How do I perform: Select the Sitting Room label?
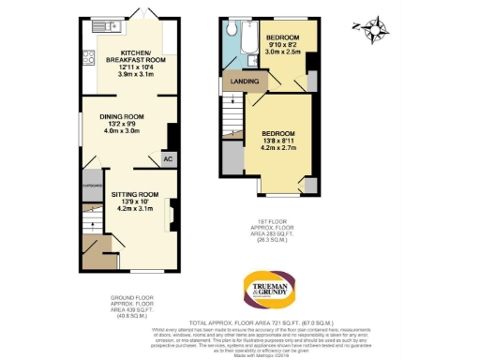tap(136, 201)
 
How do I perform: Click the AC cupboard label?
tap(167, 159)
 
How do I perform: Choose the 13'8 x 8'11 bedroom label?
tap(278, 141)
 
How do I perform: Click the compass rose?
tap(377, 29)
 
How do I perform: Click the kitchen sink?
tap(97, 33)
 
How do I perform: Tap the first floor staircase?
tap(232, 121)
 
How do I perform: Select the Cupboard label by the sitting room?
tap(92, 185)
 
